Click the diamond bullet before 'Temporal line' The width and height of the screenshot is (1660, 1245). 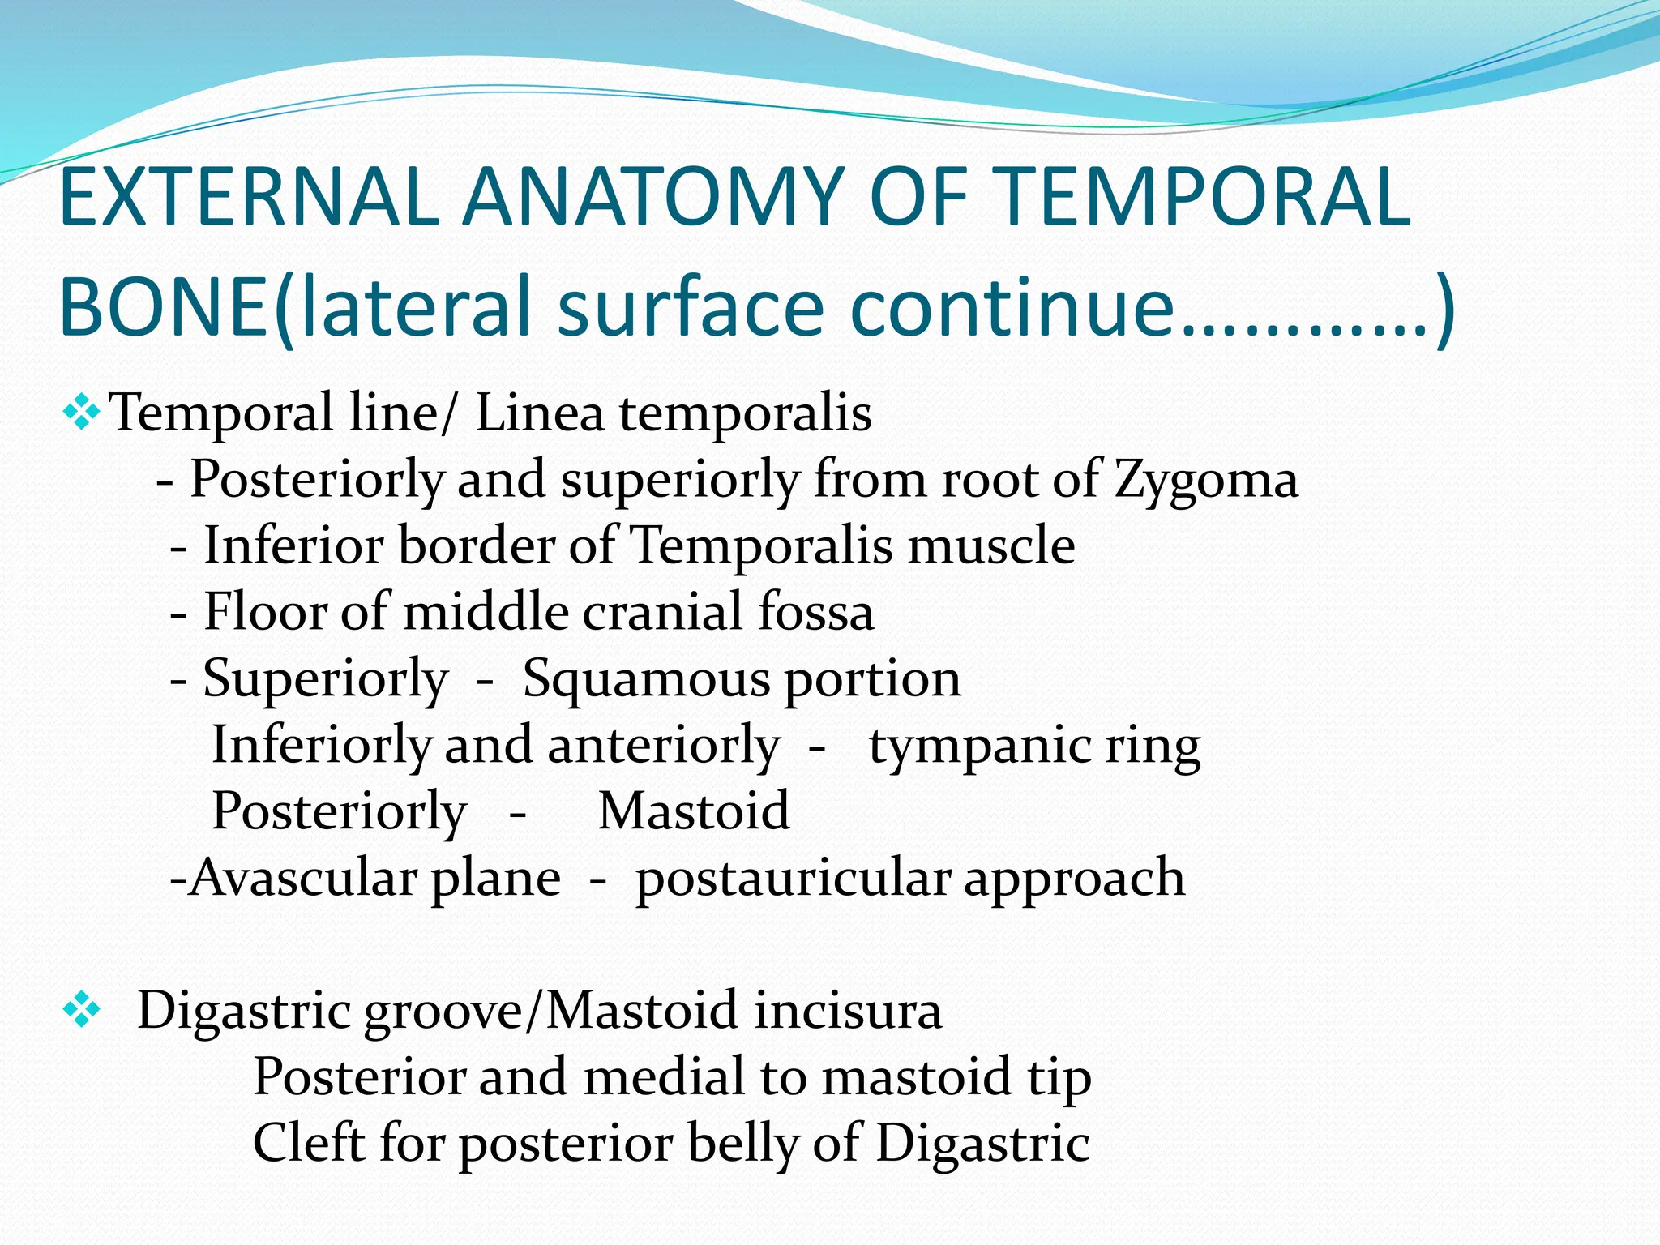click(81, 412)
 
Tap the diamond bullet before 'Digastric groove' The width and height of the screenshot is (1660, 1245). click(81, 1010)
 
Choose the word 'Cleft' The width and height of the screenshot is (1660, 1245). click(309, 1143)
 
